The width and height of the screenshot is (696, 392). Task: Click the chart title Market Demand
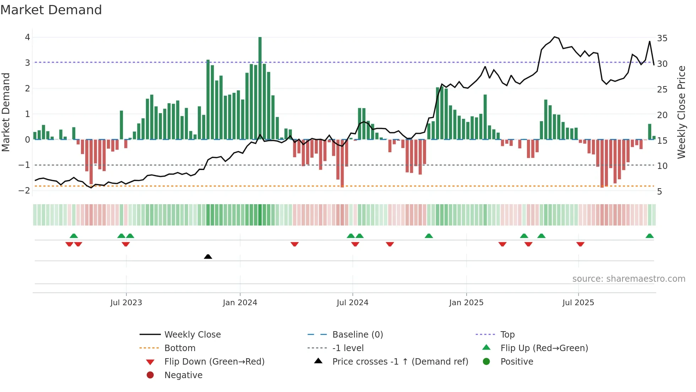[x=51, y=10]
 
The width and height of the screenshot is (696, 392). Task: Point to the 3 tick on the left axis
[x=27, y=63]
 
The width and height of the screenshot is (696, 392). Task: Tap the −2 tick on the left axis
[x=24, y=191]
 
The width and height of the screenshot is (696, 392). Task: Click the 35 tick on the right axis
[x=662, y=38]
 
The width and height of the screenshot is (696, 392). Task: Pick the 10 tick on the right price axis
[x=662, y=166]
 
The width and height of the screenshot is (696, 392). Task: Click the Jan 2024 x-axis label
[x=240, y=303]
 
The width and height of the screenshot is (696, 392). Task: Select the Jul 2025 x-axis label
[x=578, y=303]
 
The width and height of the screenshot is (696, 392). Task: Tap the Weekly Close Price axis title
[x=681, y=112]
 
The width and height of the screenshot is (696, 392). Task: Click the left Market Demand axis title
[x=6, y=112]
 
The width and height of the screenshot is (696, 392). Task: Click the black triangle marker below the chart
[x=208, y=257]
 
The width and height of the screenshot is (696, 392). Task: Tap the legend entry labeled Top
[x=507, y=335]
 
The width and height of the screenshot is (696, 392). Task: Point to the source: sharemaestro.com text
[x=629, y=279]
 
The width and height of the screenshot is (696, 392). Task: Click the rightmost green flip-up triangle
[x=649, y=236]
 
